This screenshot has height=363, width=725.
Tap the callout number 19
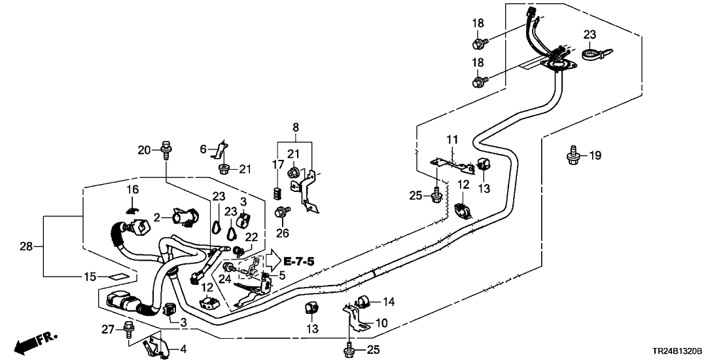(595, 155)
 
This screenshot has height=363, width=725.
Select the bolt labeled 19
(574, 155)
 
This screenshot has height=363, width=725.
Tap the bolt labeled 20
(165, 149)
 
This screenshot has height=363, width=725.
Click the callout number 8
(295, 126)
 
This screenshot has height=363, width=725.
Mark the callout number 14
(388, 301)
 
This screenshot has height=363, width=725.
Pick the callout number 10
(381, 323)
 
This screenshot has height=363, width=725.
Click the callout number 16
(133, 189)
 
